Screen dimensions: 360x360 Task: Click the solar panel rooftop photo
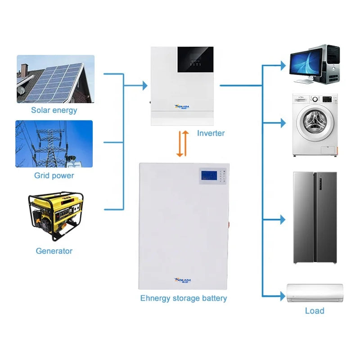point(56,79)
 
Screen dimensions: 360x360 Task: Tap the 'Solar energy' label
point(54,110)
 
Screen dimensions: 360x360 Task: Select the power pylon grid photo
point(54,144)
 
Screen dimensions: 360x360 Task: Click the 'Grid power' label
point(54,175)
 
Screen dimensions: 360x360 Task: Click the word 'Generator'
point(54,251)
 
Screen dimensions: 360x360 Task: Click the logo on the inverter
point(183,107)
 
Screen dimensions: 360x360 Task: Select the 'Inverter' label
point(211,133)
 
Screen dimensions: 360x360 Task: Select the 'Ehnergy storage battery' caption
point(184,298)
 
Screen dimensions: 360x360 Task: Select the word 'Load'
point(315,310)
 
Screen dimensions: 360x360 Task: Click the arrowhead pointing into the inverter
point(144,85)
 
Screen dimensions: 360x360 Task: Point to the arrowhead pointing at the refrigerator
point(282,220)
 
